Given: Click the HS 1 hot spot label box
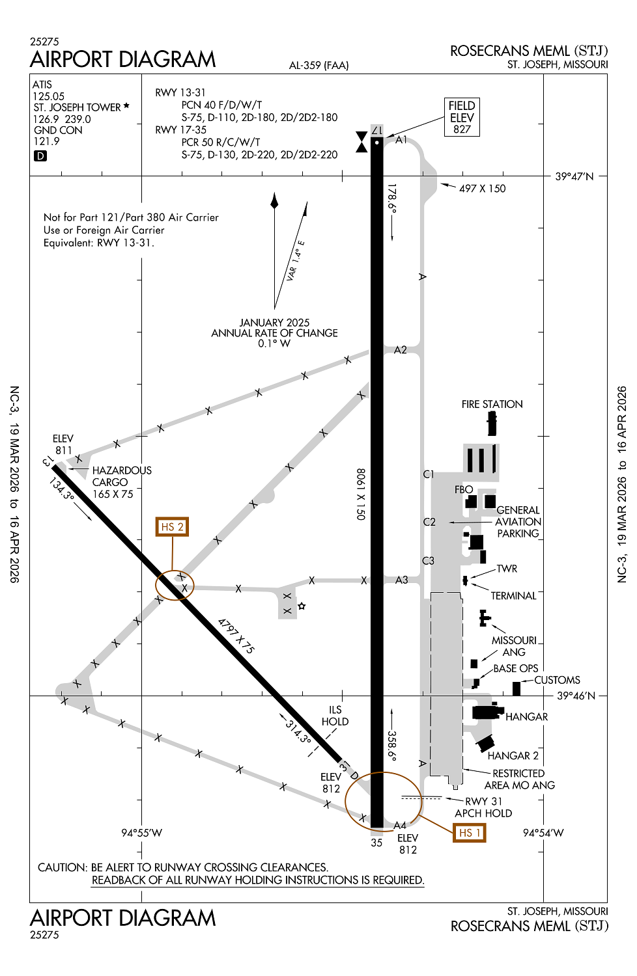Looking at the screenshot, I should [x=469, y=833].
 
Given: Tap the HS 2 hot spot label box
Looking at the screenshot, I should [x=172, y=527].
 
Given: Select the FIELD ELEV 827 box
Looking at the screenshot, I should [x=462, y=117].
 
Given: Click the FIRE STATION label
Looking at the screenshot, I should [x=492, y=404].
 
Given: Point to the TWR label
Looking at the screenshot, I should [x=507, y=569].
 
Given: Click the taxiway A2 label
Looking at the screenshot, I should [x=401, y=350].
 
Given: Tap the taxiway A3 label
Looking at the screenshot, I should [x=402, y=580].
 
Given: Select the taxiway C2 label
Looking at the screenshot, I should [x=429, y=522].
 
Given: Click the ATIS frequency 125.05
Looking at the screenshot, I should [x=49, y=96].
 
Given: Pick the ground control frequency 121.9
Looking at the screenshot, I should [x=46, y=141].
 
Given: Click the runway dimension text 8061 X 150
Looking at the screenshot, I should [x=361, y=494].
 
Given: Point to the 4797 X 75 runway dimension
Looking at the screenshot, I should [x=236, y=636].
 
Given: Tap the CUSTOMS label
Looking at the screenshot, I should [x=557, y=680].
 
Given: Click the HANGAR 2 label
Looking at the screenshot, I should [x=513, y=755].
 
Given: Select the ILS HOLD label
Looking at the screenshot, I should [x=335, y=716].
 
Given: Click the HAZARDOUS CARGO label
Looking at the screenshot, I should [x=121, y=476].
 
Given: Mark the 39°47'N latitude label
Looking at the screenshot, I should [x=574, y=176].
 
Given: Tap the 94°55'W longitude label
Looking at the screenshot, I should [x=141, y=833].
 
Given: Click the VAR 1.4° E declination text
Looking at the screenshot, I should [x=296, y=261].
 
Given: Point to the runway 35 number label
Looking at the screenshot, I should [x=376, y=843].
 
